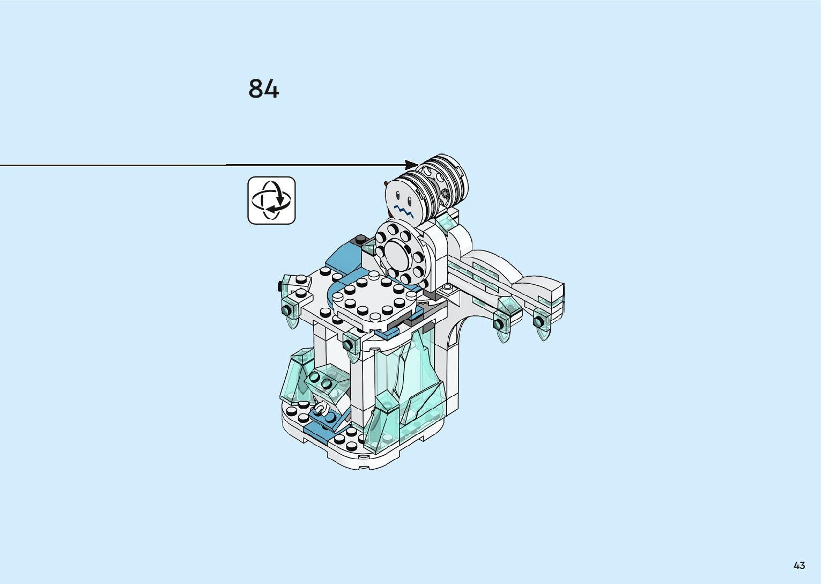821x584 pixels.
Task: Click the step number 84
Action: tap(263, 88)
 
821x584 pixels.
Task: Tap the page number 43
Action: tap(800, 566)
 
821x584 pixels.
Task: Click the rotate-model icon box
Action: tap(271, 201)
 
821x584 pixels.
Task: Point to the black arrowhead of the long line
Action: tap(411, 165)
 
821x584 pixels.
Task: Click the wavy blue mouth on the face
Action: tap(404, 211)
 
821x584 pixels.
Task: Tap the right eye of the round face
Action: tap(409, 201)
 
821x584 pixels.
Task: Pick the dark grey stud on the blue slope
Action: tap(361, 239)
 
